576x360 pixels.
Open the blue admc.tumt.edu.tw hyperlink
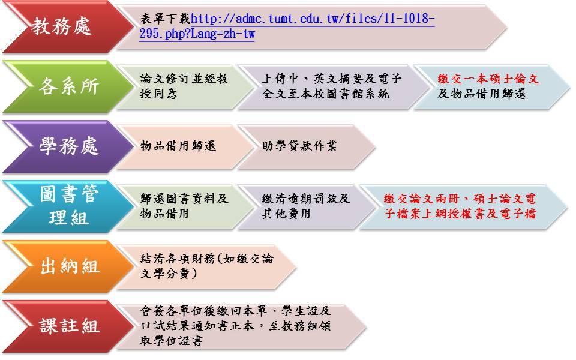[287, 26]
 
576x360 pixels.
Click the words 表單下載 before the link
[165, 19]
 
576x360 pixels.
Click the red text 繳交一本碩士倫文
[488, 79]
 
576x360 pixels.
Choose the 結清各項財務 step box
[206, 266]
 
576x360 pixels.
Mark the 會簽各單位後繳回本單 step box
[241, 326]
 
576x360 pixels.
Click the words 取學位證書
[171, 341]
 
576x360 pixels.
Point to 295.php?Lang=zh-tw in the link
[197, 34]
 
